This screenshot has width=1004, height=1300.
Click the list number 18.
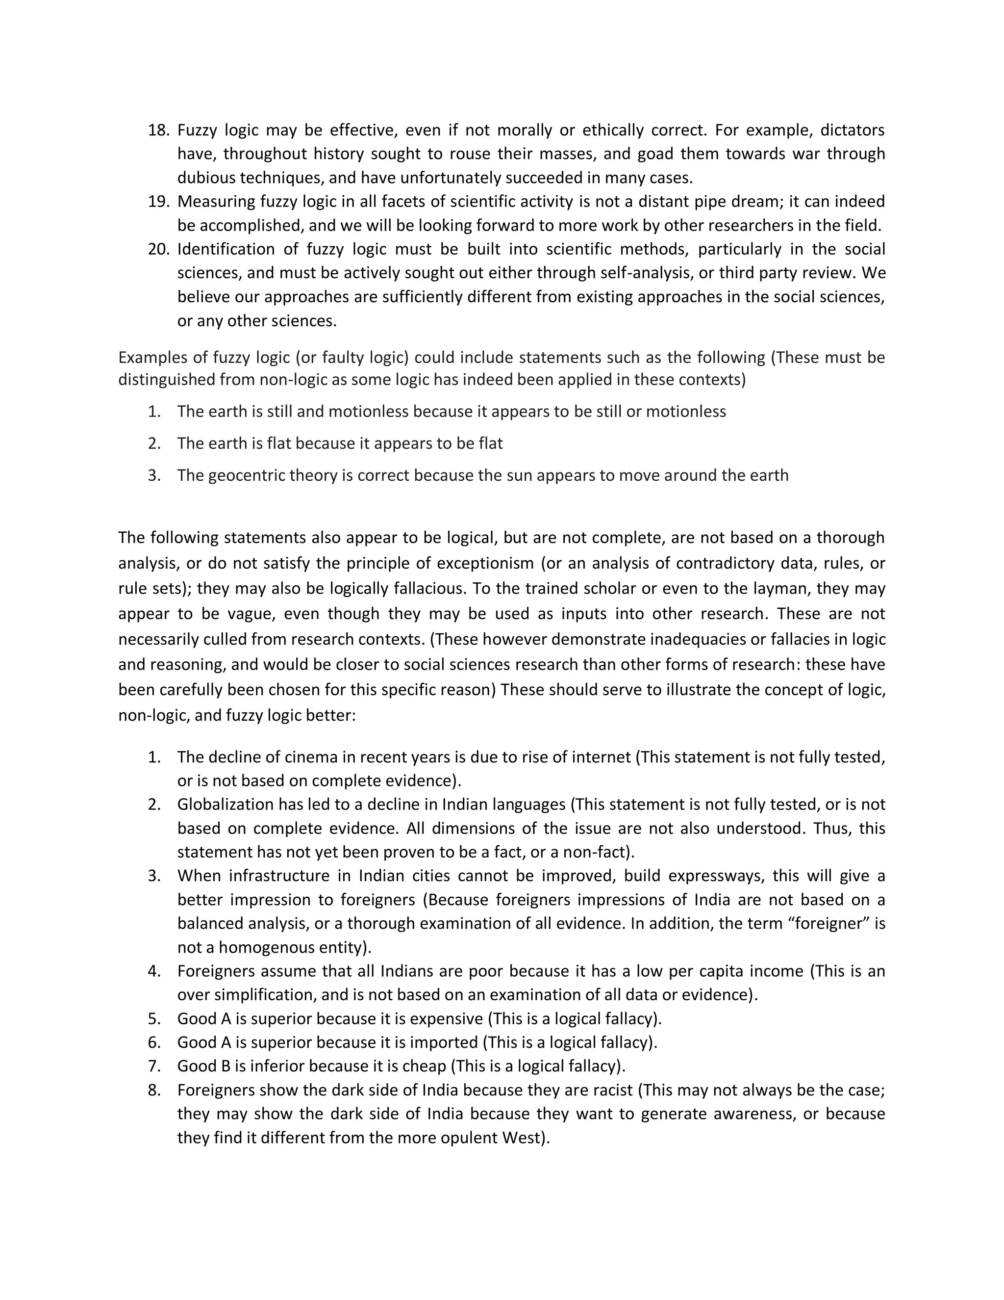[x=158, y=130]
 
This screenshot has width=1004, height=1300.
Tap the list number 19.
[x=158, y=202]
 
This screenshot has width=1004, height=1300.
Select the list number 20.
[x=158, y=249]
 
